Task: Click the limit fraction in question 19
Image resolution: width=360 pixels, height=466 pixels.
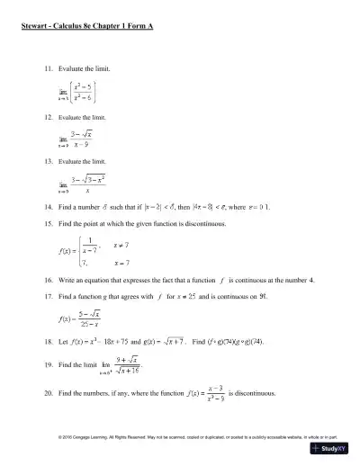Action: point(127,367)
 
